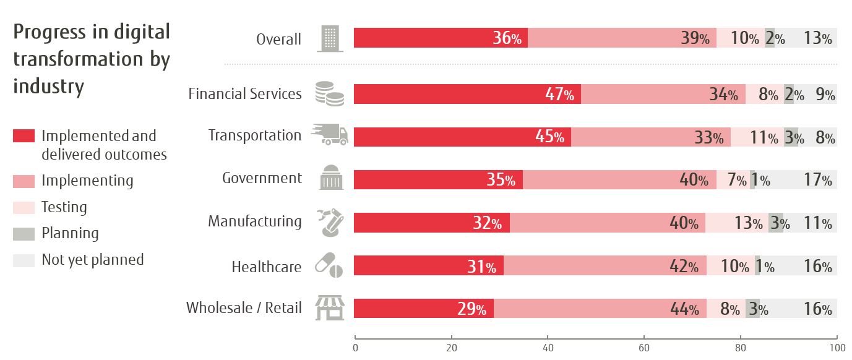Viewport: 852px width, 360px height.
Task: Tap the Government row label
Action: point(262,178)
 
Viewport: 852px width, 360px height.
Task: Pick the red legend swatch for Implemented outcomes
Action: point(24,136)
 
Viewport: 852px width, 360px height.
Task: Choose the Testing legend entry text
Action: point(64,207)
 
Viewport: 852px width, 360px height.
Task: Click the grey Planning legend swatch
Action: point(24,233)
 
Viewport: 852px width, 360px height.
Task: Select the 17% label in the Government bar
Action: point(818,180)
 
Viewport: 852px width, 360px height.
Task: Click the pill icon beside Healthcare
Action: point(330,265)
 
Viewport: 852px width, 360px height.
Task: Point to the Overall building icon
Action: point(329,38)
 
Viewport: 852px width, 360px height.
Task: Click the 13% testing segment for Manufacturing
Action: point(736,223)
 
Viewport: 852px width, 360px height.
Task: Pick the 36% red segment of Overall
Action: point(440,38)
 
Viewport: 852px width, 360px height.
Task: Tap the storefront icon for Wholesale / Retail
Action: point(330,307)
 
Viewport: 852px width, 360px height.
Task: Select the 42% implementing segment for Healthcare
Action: point(605,266)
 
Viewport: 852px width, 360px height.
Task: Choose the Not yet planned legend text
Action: point(92,259)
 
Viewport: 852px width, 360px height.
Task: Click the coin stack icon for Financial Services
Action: point(329,93)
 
